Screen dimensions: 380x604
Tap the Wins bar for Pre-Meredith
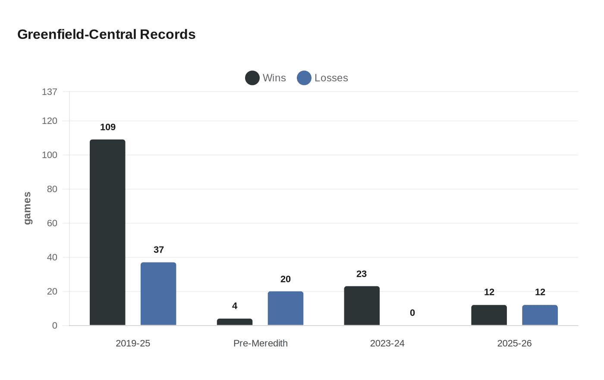pyautogui.click(x=235, y=322)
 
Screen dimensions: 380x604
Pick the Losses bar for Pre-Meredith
pyautogui.click(x=286, y=308)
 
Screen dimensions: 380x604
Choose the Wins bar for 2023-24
pyautogui.click(x=362, y=306)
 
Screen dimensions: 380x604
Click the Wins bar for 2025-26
pyautogui.click(x=489, y=315)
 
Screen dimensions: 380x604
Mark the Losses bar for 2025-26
pyautogui.click(x=540, y=315)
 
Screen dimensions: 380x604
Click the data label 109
pyautogui.click(x=108, y=127)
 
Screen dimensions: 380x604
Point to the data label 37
pyautogui.click(x=159, y=250)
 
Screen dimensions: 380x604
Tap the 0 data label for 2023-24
pyautogui.click(x=412, y=313)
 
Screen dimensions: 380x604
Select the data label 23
pyautogui.click(x=362, y=274)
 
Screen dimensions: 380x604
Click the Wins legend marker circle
pyautogui.click(x=252, y=78)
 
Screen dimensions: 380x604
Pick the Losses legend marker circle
pyautogui.click(x=304, y=78)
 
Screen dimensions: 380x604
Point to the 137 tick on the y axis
pyautogui.click(x=50, y=92)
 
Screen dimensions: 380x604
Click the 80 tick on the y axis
pyautogui.click(x=52, y=189)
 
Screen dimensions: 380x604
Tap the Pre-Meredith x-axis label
pyautogui.click(x=261, y=343)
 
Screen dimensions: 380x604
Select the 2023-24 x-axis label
pyautogui.click(x=387, y=343)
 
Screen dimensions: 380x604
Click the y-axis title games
pyautogui.click(x=27, y=208)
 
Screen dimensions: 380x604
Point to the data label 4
pyautogui.click(x=235, y=306)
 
